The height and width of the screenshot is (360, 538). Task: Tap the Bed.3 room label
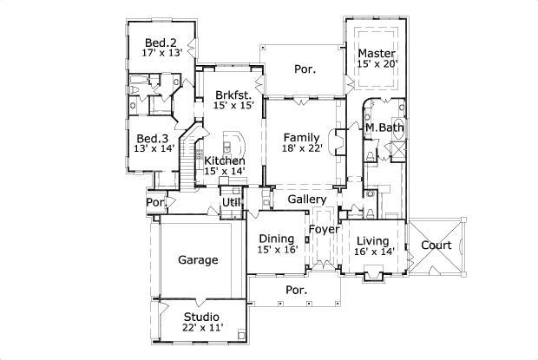pyautogui.click(x=153, y=138)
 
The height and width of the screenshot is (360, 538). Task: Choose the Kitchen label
pyautogui.click(x=224, y=160)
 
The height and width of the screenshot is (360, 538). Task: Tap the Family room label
pyautogui.click(x=302, y=137)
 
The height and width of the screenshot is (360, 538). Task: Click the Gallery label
pyautogui.click(x=306, y=199)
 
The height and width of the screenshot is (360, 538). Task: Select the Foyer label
pyautogui.click(x=324, y=229)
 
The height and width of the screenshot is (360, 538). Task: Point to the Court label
pyautogui.click(x=436, y=245)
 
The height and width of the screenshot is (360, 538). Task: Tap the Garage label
pyautogui.click(x=198, y=259)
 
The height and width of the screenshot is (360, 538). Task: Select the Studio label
pyautogui.click(x=200, y=317)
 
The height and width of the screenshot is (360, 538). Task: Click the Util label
pyautogui.click(x=231, y=202)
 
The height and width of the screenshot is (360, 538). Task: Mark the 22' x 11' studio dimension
pyautogui.click(x=200, y=328)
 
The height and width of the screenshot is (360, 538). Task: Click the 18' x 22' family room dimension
pyautogui.click(x=302, y=148)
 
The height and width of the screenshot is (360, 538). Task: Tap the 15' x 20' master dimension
pyautogui.click(x=377, y=64)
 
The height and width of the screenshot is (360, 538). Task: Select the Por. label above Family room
pyautogui.click(x=304, y=68)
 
